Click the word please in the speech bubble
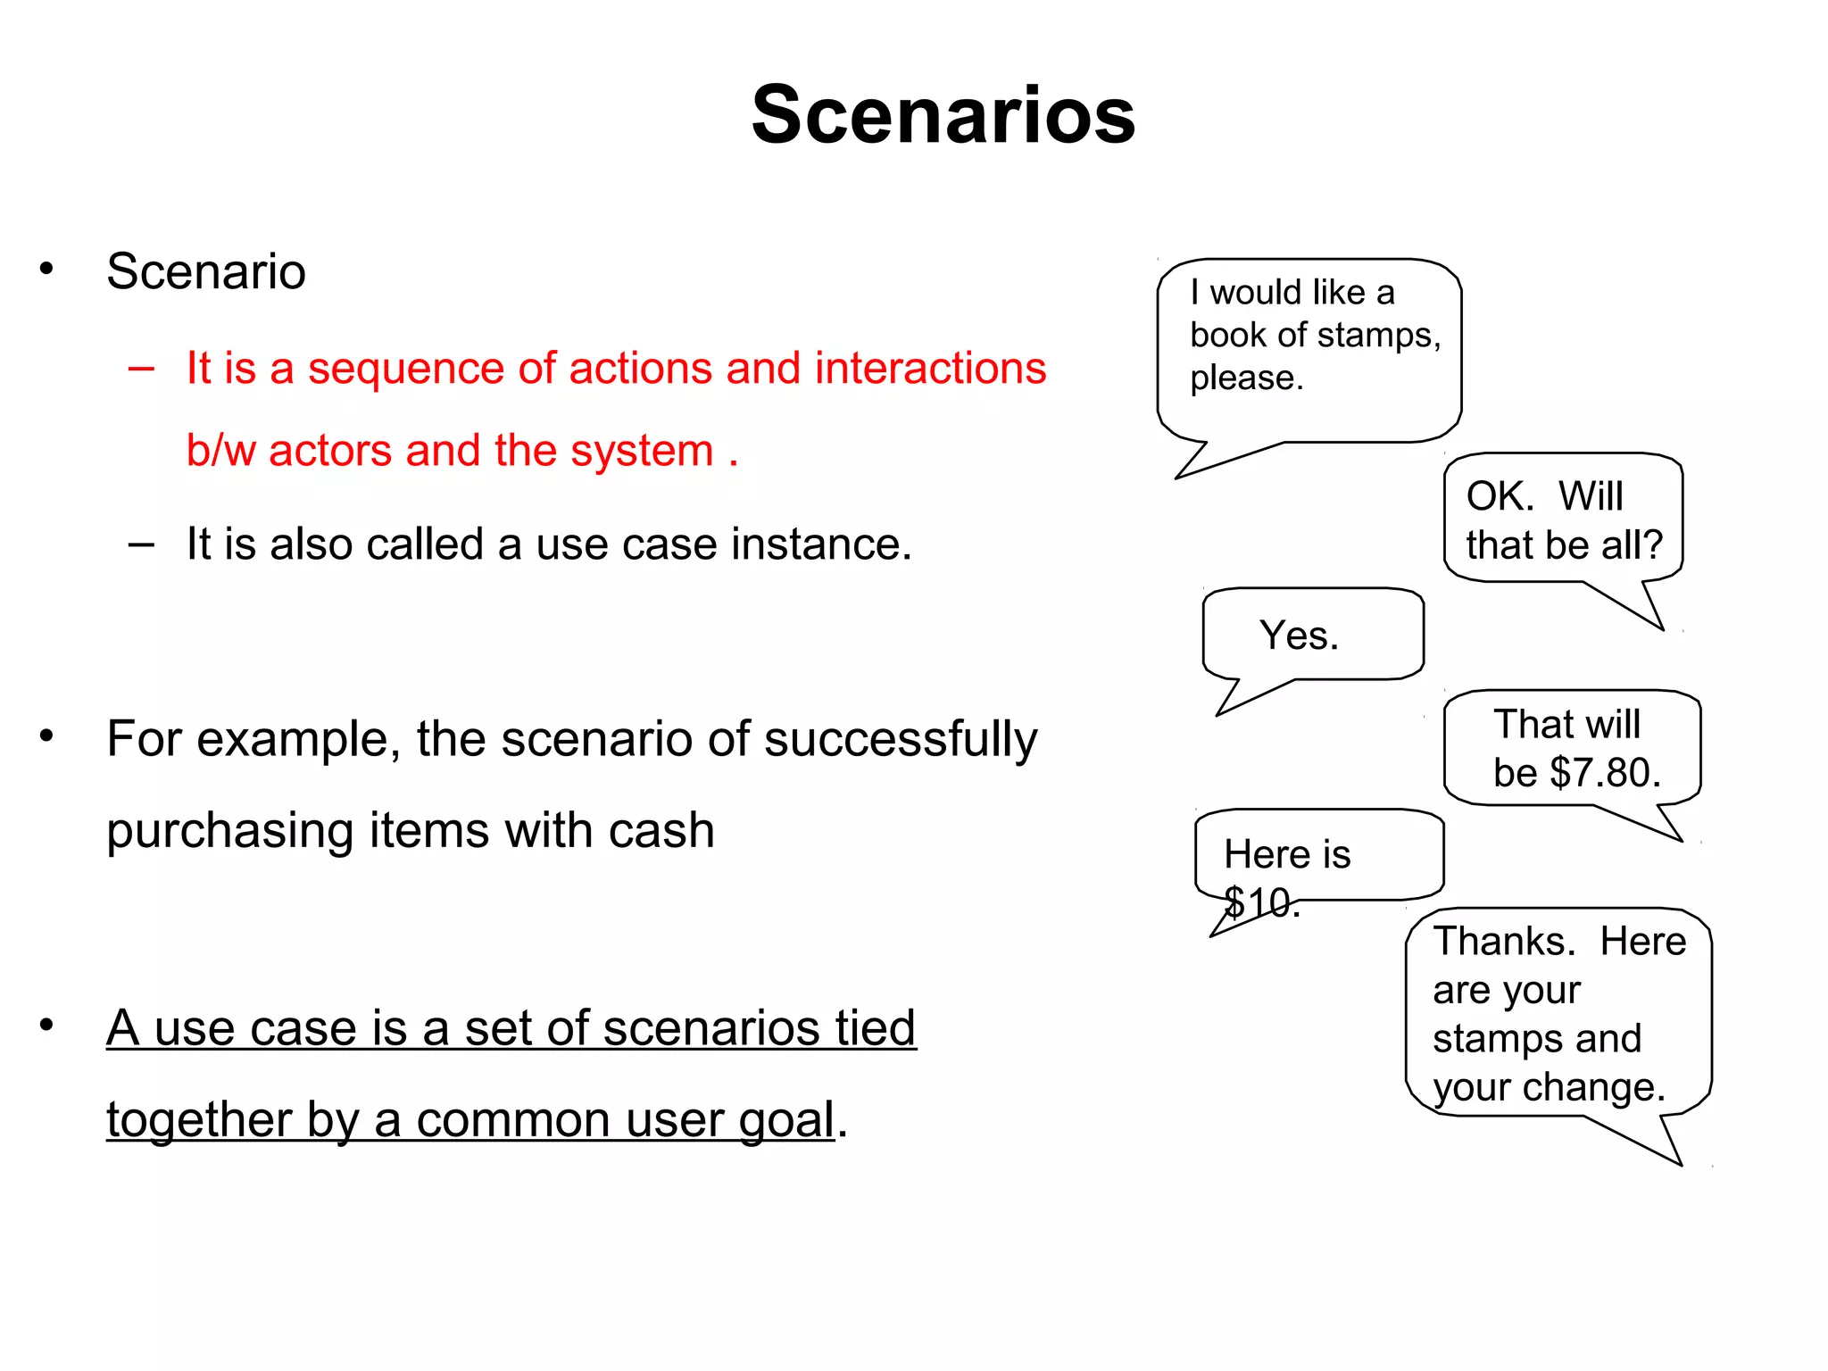pyautogui.click(x=1245, y=378)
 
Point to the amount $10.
pyautogui.click(x=1259, y=903)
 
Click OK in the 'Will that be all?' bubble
pyautogui.click(x=1499, y=496)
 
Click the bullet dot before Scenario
pyautogui.click(x=46, y=269)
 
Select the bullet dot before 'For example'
pyautogui.click(x=46, y=736)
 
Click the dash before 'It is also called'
pyautogui.click(x=141, y=544)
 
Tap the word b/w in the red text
pyautogui.click(x=220, y=451)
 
